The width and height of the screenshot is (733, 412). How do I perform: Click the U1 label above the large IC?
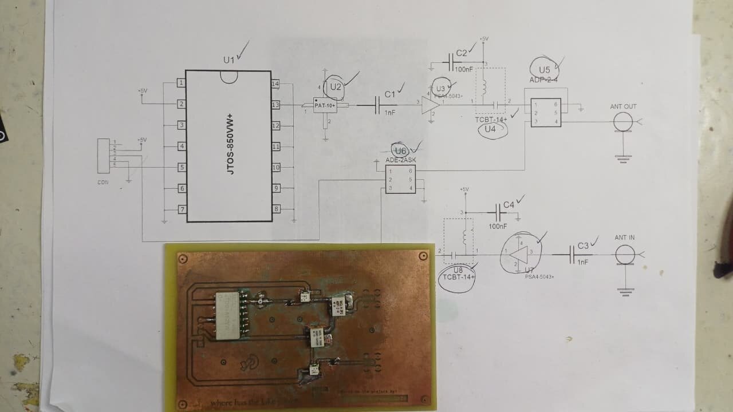[229, 60]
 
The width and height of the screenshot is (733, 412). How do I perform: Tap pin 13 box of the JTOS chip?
[275, 105]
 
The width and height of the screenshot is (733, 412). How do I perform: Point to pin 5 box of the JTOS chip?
[181, 167]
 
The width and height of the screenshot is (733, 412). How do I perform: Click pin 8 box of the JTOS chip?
[275, 209]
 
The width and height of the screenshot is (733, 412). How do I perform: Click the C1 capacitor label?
[390, 94]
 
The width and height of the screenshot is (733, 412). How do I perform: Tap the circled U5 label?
[543, 70]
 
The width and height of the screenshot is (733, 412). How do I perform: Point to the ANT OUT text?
[623, 106]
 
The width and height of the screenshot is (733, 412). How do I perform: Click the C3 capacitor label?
[583, 245]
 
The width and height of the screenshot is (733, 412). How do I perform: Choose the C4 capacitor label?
[509, 205]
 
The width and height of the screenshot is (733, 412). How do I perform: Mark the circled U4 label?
[490, 129]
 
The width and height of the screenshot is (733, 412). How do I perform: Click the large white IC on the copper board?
[227, 314]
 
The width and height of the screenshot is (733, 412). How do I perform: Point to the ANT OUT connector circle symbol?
[623, 121]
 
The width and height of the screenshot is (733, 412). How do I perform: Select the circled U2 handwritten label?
[336, 87]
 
